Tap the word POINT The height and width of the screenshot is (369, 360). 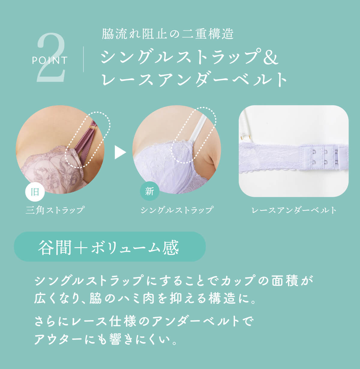pos(50,61)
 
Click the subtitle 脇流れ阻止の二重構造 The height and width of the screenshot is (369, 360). pos(168,34)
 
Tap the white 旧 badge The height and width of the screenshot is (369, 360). pos(35,192)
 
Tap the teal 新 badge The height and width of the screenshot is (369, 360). pos(150,191)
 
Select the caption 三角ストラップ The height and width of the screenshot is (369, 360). pos(55,210)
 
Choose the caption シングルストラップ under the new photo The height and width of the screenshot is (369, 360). pos(177,210)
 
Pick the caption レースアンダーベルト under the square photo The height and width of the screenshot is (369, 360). pos(294,210)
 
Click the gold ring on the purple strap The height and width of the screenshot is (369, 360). pos(93,127)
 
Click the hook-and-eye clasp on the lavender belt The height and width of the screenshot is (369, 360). pos(324,157)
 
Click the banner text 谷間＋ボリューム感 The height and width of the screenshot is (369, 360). pos(108,247)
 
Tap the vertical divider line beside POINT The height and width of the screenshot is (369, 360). pos(83,59)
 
